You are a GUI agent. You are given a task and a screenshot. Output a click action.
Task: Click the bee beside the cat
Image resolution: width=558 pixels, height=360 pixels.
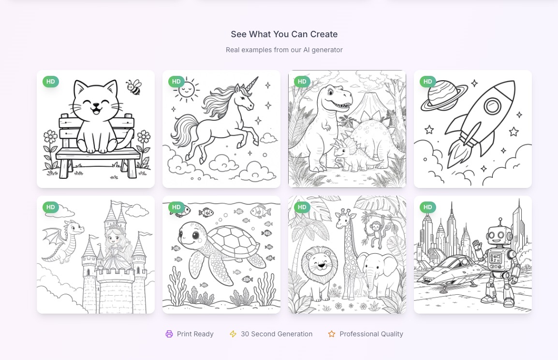pos(133,87)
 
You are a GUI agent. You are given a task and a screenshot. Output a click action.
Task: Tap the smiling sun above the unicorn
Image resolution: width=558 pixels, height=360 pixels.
pos(187,89)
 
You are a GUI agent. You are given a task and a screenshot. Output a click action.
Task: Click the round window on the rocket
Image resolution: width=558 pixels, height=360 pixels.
pos(493,105)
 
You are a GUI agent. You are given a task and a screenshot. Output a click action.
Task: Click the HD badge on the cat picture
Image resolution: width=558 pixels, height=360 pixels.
pos(51,82)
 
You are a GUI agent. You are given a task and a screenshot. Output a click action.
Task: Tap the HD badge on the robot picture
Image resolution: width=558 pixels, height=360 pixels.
pos(428,207)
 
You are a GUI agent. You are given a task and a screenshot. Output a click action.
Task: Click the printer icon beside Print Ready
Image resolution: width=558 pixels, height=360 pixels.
pos(169,334)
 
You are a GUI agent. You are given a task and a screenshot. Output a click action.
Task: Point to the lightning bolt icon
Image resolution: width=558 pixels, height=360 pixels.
pos(233,334)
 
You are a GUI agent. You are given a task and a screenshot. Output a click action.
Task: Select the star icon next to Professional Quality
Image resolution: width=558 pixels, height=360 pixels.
pos(332,334)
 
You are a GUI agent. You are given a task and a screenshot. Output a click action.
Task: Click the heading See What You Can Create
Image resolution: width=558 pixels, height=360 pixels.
pos(284,34)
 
